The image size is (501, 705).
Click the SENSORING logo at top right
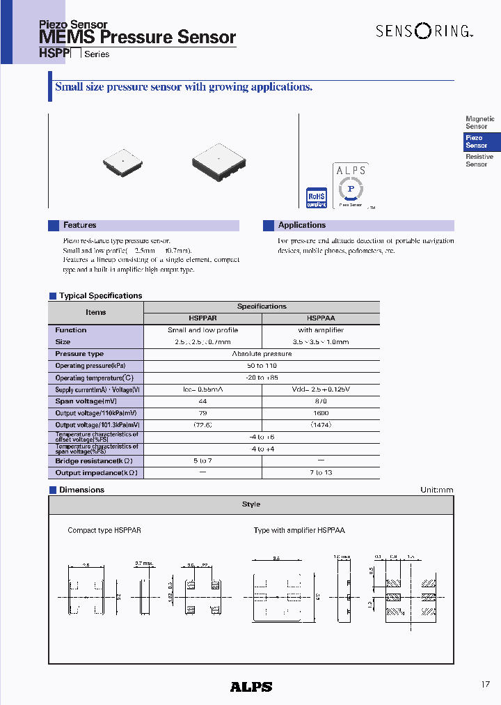[415, 31]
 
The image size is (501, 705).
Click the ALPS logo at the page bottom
[250, 686]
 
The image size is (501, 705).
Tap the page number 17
[485, 685]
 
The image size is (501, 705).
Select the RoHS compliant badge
[317, 197]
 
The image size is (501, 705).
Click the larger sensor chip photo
[218, 162]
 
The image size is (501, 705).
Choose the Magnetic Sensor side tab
[479, 123]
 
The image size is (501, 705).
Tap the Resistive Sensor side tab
[479, 160]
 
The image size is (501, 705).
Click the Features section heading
[79, 225]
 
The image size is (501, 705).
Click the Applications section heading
[301, 225]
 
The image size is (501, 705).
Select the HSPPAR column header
[202, 318]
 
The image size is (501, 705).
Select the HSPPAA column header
[321, 318]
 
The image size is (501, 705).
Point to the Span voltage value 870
[321, 401]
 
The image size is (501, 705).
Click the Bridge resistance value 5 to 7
[202, 461]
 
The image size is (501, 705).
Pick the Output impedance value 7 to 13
[321, 473]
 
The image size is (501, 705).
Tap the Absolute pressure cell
[262, 354]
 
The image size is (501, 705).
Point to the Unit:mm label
[436, 490]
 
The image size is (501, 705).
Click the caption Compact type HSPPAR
[104, 530]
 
